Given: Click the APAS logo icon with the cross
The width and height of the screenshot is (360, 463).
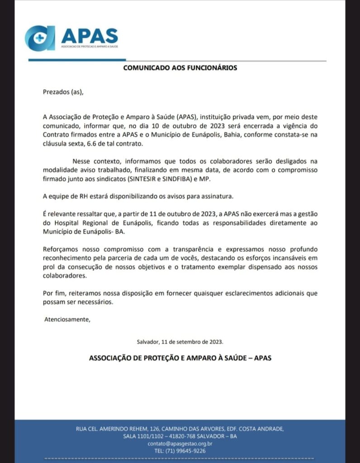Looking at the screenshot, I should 40,38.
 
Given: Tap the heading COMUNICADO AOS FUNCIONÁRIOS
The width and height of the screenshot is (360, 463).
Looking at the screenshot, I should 180,68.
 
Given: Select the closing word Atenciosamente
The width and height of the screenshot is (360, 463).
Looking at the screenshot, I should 67,320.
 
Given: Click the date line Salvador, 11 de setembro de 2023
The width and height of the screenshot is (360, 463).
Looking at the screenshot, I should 180,342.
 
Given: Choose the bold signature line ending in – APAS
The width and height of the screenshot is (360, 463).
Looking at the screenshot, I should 180,358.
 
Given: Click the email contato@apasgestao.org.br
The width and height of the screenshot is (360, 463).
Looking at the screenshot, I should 180,444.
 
